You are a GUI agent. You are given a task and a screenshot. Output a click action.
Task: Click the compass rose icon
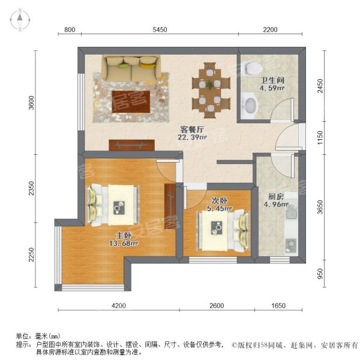click(20, 20)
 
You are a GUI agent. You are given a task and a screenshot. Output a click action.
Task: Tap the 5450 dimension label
click(160, 29)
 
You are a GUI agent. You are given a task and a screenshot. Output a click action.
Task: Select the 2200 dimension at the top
click(270, 29)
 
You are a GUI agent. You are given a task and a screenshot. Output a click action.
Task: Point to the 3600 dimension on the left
click(31, 103)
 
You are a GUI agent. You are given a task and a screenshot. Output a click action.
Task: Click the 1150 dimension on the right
click(320, 137)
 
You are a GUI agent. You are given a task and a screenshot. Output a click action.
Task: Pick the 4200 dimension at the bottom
click(119, 305)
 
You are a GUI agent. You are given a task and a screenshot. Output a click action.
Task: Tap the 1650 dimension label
click(278, 305)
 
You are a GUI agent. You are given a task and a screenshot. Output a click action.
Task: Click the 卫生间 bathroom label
click(272, 80)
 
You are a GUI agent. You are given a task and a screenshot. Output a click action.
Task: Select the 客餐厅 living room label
click(192, 130)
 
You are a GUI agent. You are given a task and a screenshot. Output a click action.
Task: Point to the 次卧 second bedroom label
click(220, 200)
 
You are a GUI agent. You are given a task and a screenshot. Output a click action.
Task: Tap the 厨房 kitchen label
click(276, 197)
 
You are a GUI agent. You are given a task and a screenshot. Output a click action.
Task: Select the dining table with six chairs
click(210, 91)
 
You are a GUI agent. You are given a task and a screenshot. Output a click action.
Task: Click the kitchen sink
click(292, 214)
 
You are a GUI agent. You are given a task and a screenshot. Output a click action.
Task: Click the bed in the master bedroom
click(113, 205)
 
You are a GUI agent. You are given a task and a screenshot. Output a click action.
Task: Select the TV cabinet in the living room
click(132, 145)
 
